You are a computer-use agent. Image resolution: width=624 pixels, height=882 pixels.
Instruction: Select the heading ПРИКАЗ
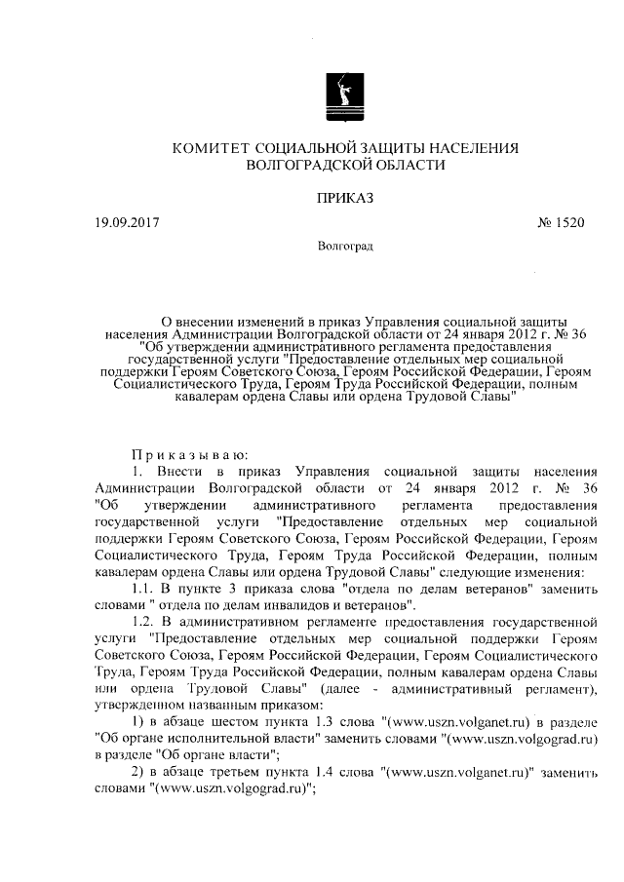pyautogui.click(x=345, y=198)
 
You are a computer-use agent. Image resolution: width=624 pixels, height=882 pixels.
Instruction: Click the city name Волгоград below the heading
pyautogui.click(x=345, y=246)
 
